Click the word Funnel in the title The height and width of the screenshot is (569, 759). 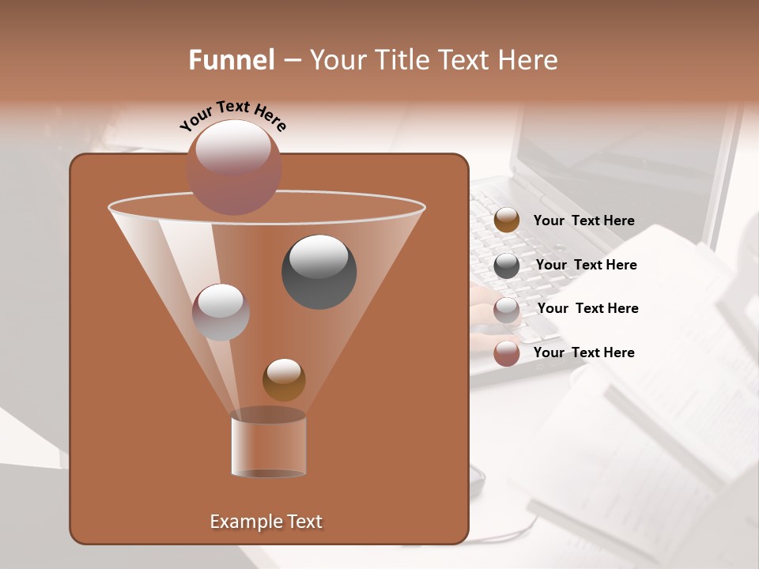click(231, 60)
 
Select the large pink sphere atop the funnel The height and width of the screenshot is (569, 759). click(233, 168)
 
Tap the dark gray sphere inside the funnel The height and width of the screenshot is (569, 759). click(319, 272)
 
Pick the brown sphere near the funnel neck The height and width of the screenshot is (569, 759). click(284, 379)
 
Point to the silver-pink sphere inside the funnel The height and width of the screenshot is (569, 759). click(221, 312)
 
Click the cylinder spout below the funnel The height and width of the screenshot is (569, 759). click(268, 447)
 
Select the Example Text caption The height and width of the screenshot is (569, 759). click(266, 522)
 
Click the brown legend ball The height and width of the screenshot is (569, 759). click(507, 220)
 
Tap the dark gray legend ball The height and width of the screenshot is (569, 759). click(507, 266)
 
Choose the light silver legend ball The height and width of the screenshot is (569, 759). click(507, 310)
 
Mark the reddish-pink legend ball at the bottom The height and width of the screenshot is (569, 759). click(507, 353)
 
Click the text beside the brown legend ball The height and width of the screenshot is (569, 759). click(583, 220)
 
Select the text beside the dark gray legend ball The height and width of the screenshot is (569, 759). click(586, 265)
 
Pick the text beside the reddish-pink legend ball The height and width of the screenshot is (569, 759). click(583, 352)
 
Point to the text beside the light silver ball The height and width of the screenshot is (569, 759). click(587, 308)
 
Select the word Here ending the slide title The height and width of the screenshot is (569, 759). click(527, 60)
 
